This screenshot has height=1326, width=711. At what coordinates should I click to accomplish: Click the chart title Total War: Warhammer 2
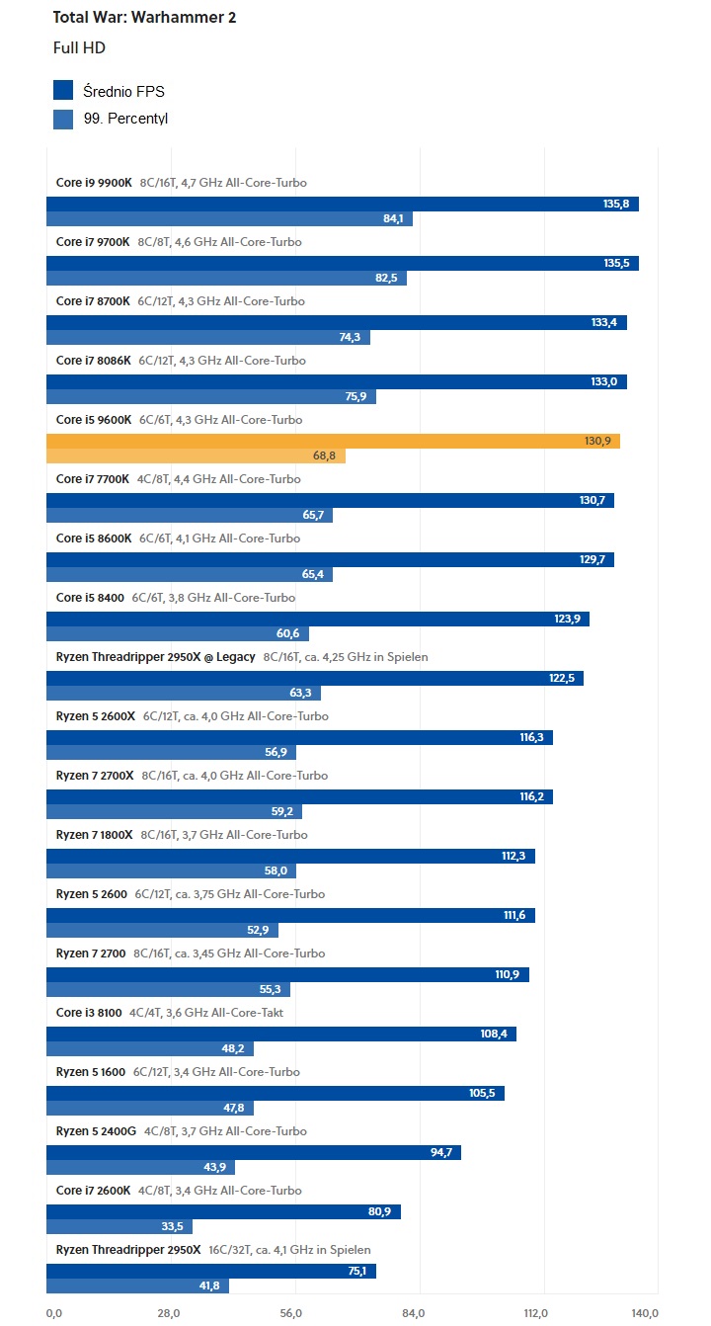pos(144,18)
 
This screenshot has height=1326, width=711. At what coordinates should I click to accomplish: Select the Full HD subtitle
pos(79,47)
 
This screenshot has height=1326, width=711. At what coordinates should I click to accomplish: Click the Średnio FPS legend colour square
pos(63,91)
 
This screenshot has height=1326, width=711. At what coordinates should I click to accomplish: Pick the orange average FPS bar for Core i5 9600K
pos(333,441)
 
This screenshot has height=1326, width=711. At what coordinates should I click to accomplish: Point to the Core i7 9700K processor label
pos(93,242)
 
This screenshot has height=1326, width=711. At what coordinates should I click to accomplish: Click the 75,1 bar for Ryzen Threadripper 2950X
pos(210,1272)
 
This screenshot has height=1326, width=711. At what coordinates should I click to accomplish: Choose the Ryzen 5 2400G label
pos(96,1131)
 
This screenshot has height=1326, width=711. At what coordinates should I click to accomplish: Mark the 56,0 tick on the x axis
pos(290,1313)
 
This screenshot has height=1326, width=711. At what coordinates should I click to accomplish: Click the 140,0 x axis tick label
pos(644,1313)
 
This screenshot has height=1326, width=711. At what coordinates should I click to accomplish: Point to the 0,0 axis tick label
pos(54,1313)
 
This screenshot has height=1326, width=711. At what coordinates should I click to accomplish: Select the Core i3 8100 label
pos(89,1013)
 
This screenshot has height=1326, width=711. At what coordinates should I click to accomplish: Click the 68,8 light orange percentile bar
pos(196,456)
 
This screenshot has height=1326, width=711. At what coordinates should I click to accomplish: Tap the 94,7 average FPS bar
pos(253,1153)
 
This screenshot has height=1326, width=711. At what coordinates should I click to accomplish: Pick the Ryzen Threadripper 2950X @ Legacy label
pos(155,657)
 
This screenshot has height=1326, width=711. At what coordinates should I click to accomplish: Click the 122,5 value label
pos(561,679)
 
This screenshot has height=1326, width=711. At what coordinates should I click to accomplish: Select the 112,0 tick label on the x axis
pos(535,1313)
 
